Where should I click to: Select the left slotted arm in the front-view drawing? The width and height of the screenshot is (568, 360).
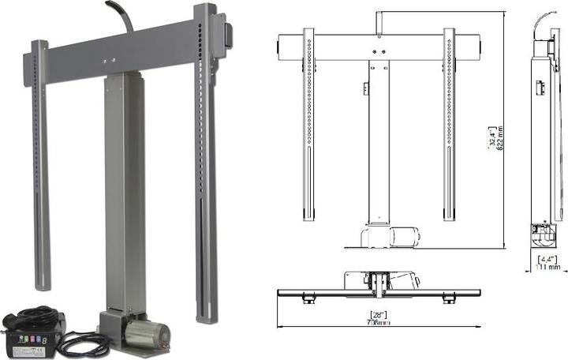(308, 126)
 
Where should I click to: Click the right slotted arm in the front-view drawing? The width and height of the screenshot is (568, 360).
(449, 126)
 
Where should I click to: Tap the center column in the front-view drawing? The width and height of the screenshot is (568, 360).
(378, 142)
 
